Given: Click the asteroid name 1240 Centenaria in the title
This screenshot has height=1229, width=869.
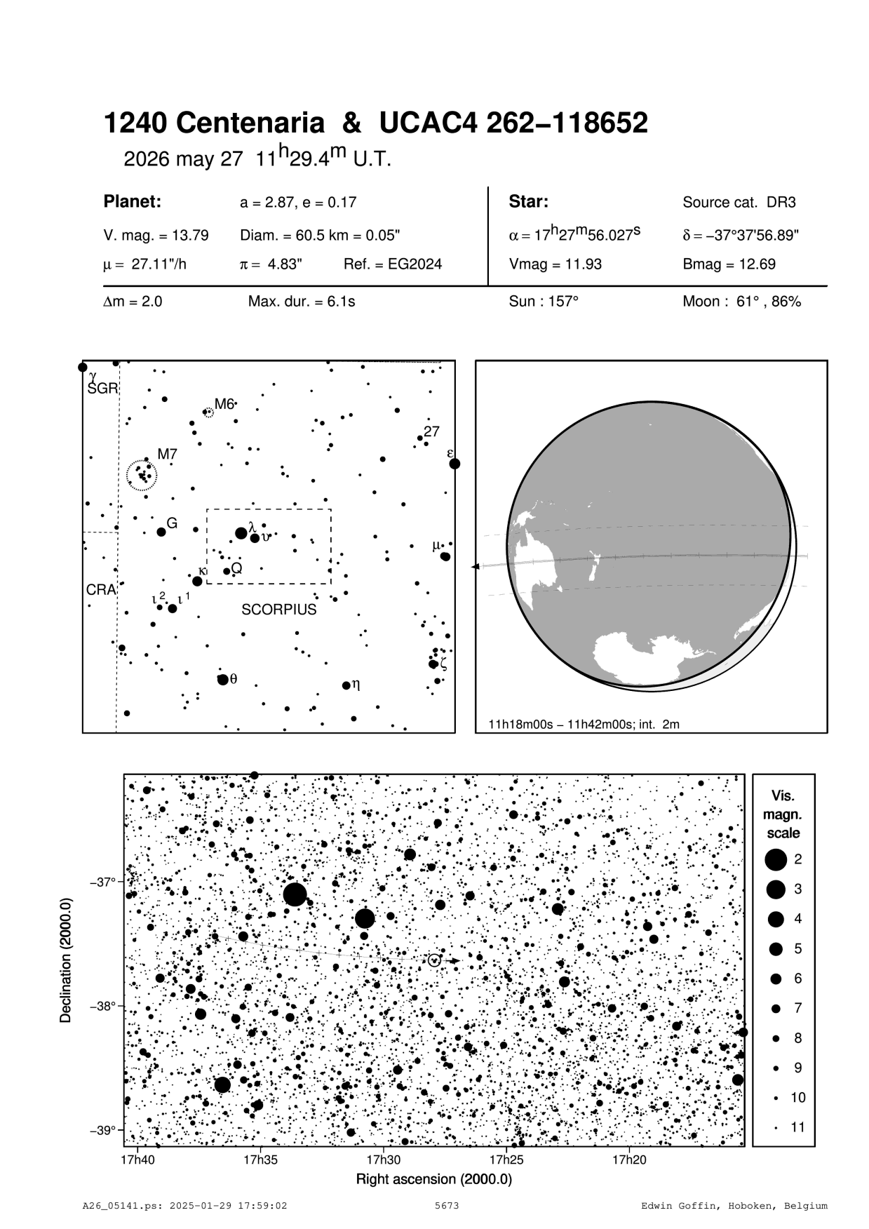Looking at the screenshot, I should coord(214,124).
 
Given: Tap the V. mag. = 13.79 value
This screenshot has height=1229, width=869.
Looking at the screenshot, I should coord(156,235).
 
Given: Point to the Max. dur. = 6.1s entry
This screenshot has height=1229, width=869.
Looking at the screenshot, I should coord(302,302).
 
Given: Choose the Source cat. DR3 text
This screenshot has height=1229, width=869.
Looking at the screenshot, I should coord(739,203).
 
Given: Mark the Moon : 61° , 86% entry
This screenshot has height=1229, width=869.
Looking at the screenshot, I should coord(741,302).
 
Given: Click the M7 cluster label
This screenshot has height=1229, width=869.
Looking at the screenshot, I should coord(167,455).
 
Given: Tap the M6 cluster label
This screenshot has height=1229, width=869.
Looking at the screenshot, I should coord(224,403).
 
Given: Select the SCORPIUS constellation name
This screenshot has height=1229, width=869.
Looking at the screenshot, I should coord(279,610).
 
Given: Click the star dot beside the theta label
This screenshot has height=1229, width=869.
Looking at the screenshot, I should coord(222,679).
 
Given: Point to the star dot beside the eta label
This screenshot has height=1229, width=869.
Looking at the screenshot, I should coord(346,685).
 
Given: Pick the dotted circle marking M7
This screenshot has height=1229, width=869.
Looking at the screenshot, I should coord(142,475).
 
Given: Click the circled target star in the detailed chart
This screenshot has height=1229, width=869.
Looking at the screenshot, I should coord(434,960).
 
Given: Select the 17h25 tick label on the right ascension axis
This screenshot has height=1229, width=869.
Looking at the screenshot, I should coord(506,1159).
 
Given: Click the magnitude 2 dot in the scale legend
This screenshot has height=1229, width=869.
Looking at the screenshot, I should coord(776,859).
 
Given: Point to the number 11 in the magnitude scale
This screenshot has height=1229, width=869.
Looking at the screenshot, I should coord(797,1127).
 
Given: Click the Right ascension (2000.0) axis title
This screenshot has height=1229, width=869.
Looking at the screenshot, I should coord(434,1179).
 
